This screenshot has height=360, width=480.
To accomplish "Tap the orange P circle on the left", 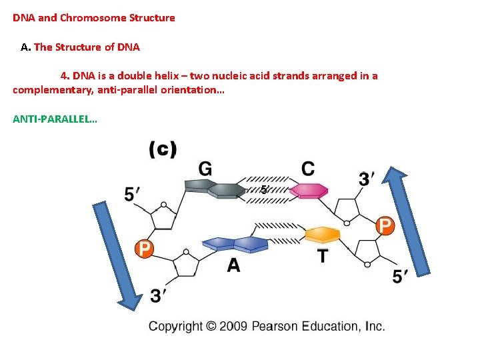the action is [x=144, y=249].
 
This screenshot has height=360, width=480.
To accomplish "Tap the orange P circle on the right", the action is [x=385, y=225].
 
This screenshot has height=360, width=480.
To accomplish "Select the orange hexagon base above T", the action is [x=323, y=235].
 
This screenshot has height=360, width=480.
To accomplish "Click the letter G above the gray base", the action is [x=205, y=170].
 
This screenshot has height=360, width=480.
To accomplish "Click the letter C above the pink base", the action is [x=308, y=169].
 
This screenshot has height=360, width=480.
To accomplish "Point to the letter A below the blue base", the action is [x=233, y=266].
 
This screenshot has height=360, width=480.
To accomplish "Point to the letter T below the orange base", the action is [x=322, y=256].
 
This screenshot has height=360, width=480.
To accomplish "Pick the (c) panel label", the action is [x=162, y=149].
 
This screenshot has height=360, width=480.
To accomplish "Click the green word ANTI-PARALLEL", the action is [x=55, y=120].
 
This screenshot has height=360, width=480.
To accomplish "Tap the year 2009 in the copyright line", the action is [x=235, y=326].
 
